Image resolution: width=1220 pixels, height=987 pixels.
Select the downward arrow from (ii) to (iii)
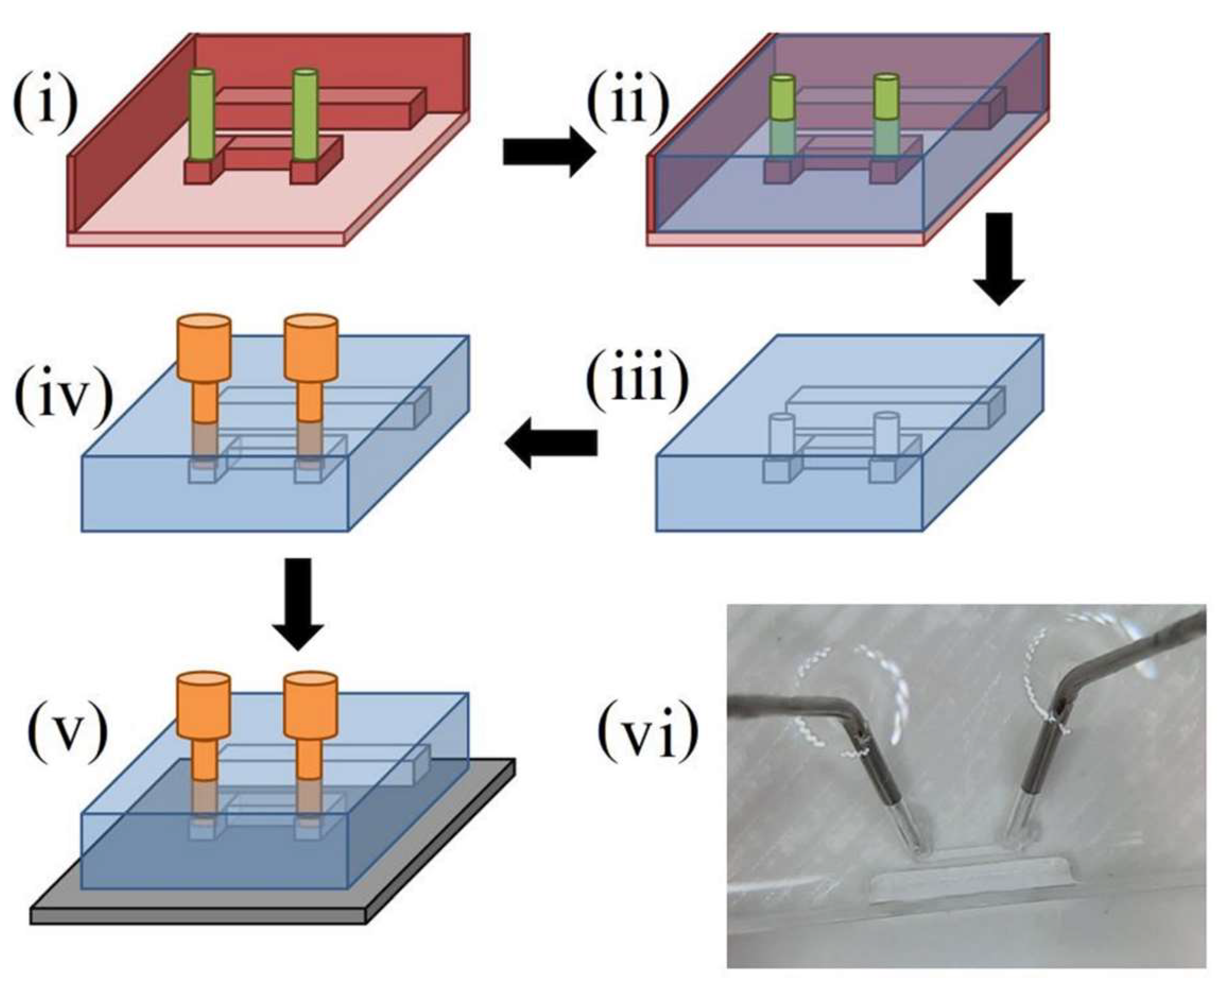(999, 259)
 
